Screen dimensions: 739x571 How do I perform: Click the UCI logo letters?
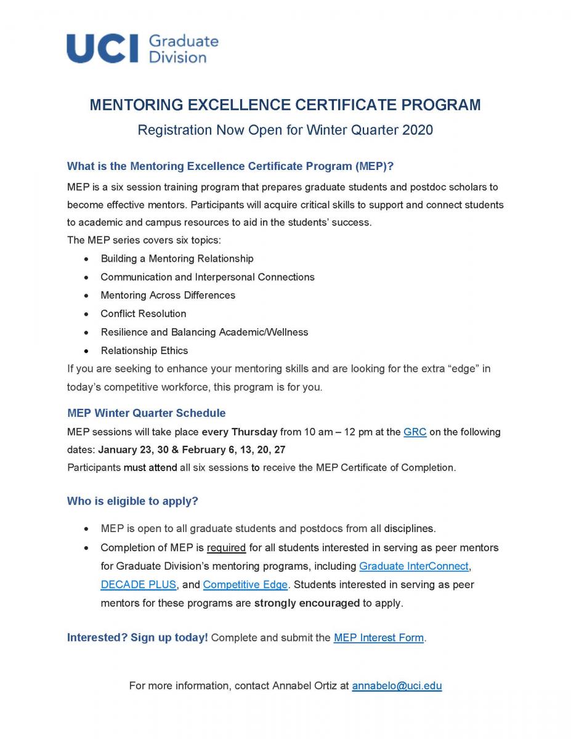[103, 49]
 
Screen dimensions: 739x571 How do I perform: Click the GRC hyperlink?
[415, 432]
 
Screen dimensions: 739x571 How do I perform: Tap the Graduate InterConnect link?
[414, 566]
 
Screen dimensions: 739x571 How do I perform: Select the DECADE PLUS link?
[139, 584]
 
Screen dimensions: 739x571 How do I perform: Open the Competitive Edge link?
[245, 584]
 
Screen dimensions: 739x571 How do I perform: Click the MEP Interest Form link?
[378, 637]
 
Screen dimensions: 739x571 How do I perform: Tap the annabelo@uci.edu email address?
[397, 685]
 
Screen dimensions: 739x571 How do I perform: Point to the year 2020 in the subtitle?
[418, 130]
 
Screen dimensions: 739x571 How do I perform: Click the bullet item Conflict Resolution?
[143, 313]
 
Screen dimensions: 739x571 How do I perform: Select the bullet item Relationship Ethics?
[144, 350]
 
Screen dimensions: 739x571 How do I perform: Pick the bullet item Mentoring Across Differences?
[168, 295]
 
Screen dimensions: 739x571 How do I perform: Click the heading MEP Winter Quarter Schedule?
[146, 413]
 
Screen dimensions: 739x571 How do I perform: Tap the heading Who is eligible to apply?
[132, 501]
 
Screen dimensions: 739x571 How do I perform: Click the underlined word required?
[226, 547]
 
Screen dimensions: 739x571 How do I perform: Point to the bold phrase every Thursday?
[240, 432]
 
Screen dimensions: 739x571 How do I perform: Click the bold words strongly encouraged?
[307, 603]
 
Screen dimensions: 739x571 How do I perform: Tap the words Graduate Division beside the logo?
[183, 49]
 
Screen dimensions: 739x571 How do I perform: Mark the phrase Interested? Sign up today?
[137, 637]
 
